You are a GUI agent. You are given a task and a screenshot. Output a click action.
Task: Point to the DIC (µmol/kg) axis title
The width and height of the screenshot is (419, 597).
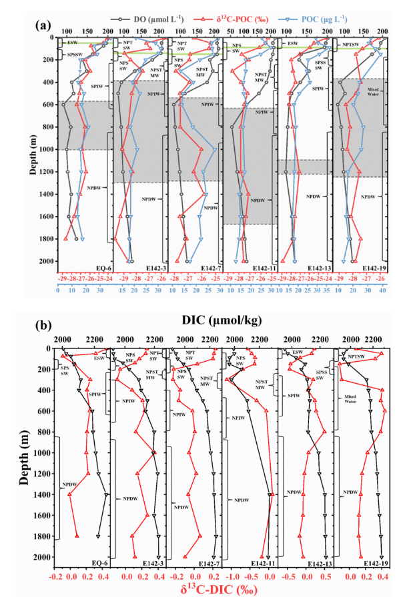222,321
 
